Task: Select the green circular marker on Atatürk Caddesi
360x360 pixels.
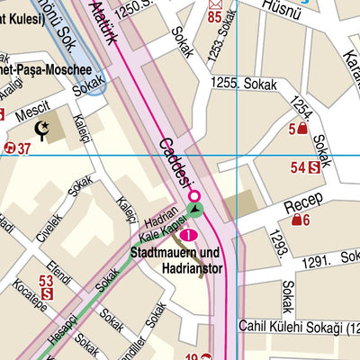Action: pyautogui.click(x=196, y=210)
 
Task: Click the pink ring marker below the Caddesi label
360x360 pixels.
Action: pyautogui.click(x=192, y=193)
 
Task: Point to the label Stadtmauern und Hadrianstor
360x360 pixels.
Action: pyautogui.click(x=179, y=260)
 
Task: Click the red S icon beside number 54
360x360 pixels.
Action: pyautogui.click(x=313, y=166)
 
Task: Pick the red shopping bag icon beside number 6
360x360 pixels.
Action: pyautogui.click(x=294, y=220)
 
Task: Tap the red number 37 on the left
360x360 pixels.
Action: pyautogui.click(x=23, y=148)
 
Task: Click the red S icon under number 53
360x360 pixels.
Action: pyautogui.click(x=47, y=293)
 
